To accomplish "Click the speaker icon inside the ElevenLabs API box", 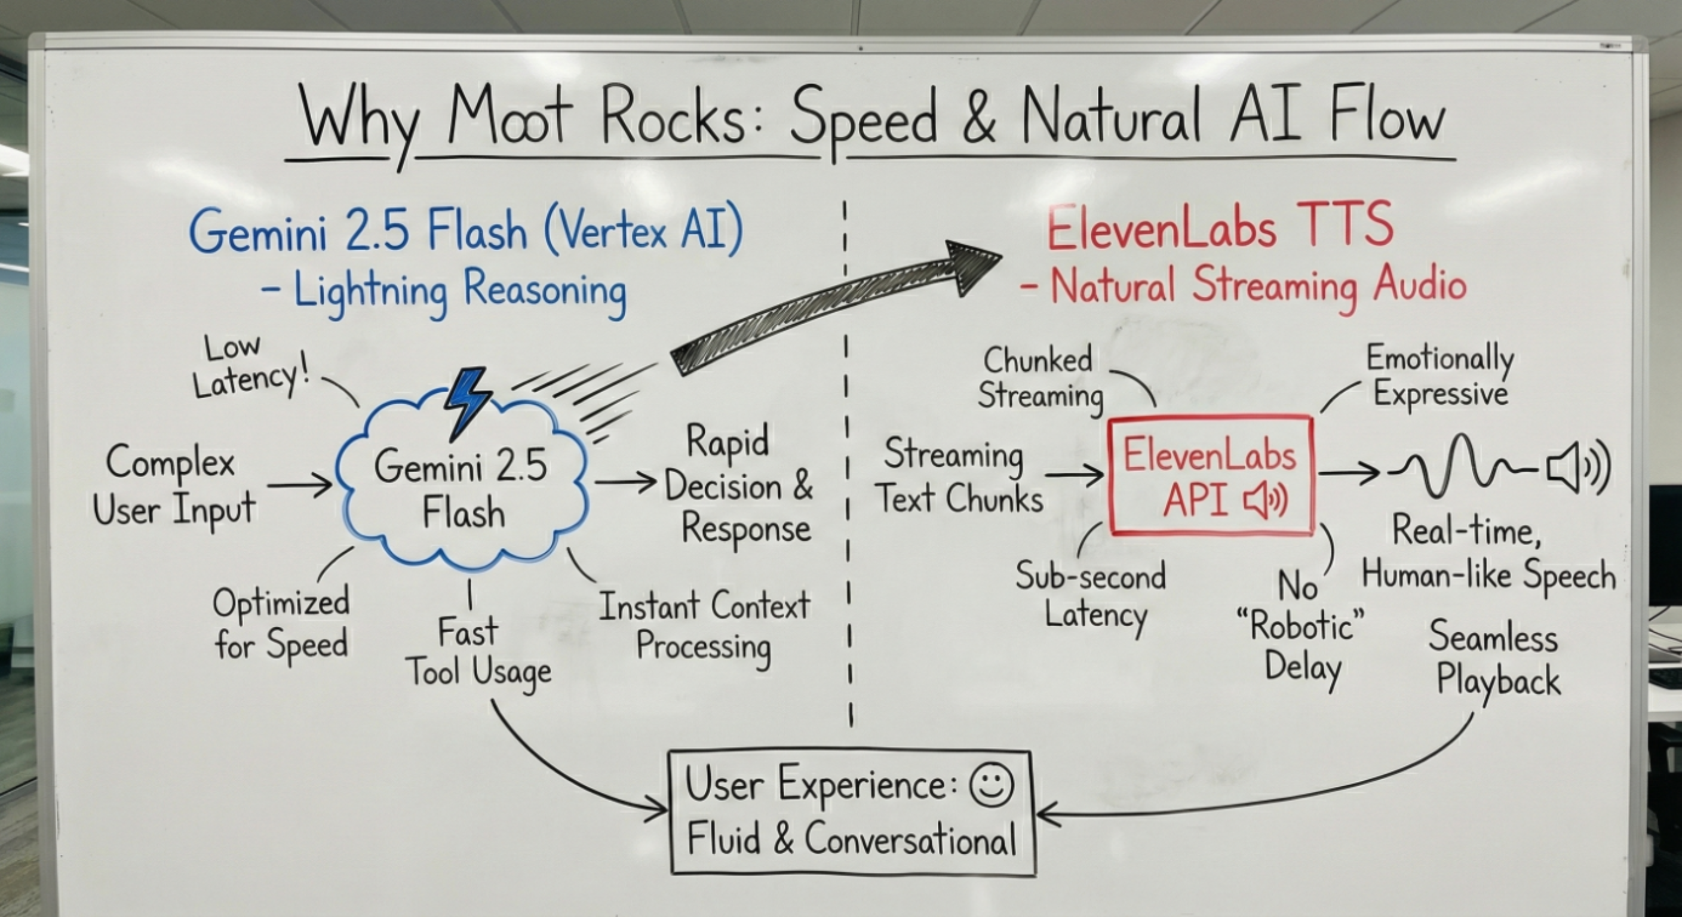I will (x=1266, y=501).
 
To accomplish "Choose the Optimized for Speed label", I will (x=281, y=623).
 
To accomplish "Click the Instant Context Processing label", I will (x=704, y=625).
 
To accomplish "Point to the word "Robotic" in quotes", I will (x=1301, y=627).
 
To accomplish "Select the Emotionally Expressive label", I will (x=1439, y=377).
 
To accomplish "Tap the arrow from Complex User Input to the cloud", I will (x=299, y=485).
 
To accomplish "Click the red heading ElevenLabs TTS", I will (x=1220, y=226).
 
